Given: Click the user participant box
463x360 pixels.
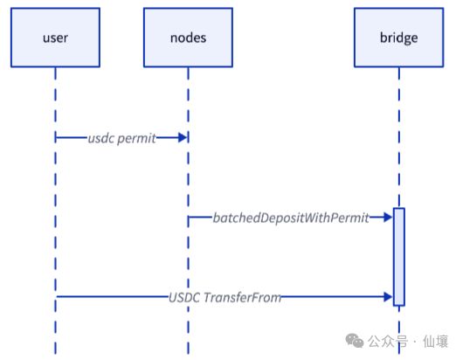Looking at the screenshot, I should pos(55,38).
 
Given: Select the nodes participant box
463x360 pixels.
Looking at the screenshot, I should pos(187,38).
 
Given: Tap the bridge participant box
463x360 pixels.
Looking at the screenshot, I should pos(398,38).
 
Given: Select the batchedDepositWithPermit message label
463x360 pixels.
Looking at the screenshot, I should pos(291,217).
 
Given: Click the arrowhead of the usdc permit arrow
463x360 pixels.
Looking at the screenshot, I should pos(183,138).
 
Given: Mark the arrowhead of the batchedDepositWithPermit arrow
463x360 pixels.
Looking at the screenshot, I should pos(388,217).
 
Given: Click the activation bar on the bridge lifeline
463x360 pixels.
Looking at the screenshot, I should pos(398,257).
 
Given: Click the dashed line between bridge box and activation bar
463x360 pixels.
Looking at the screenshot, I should pos(398,140).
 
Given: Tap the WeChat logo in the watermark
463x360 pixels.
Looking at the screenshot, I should pos(354,341).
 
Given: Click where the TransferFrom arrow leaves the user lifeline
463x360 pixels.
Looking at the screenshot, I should pos(56,297).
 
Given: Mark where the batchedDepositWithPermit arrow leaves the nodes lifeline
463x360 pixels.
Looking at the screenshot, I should pos(188,217).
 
